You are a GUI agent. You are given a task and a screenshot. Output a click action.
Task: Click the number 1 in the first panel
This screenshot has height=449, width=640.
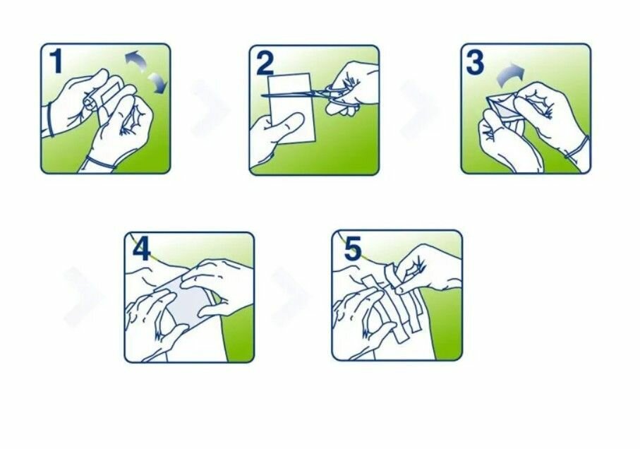56,61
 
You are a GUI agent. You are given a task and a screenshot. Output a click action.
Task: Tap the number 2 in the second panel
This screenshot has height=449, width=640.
265,64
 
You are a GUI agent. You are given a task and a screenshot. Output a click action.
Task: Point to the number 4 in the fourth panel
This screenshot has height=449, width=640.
141,249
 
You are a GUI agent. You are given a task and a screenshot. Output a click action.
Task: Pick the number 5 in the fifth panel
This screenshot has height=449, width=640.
353,249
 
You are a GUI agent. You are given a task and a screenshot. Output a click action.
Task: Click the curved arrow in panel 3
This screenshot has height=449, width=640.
509,75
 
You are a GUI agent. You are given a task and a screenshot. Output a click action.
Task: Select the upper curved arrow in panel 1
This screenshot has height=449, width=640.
136,61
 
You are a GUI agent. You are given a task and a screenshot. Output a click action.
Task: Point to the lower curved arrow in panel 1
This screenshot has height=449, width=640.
157,83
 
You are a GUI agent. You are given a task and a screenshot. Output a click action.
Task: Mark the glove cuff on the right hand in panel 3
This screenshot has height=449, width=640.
577,147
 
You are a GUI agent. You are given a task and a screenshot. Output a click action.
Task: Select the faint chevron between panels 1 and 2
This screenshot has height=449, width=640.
210,108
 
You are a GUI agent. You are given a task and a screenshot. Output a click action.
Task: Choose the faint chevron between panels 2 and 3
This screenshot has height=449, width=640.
419,109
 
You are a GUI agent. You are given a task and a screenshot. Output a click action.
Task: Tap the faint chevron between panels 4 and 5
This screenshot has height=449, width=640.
290,297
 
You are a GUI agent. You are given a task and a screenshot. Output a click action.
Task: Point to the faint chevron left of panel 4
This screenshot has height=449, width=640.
83,297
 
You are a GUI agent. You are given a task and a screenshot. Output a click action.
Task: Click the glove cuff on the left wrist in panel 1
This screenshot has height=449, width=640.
50,119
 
